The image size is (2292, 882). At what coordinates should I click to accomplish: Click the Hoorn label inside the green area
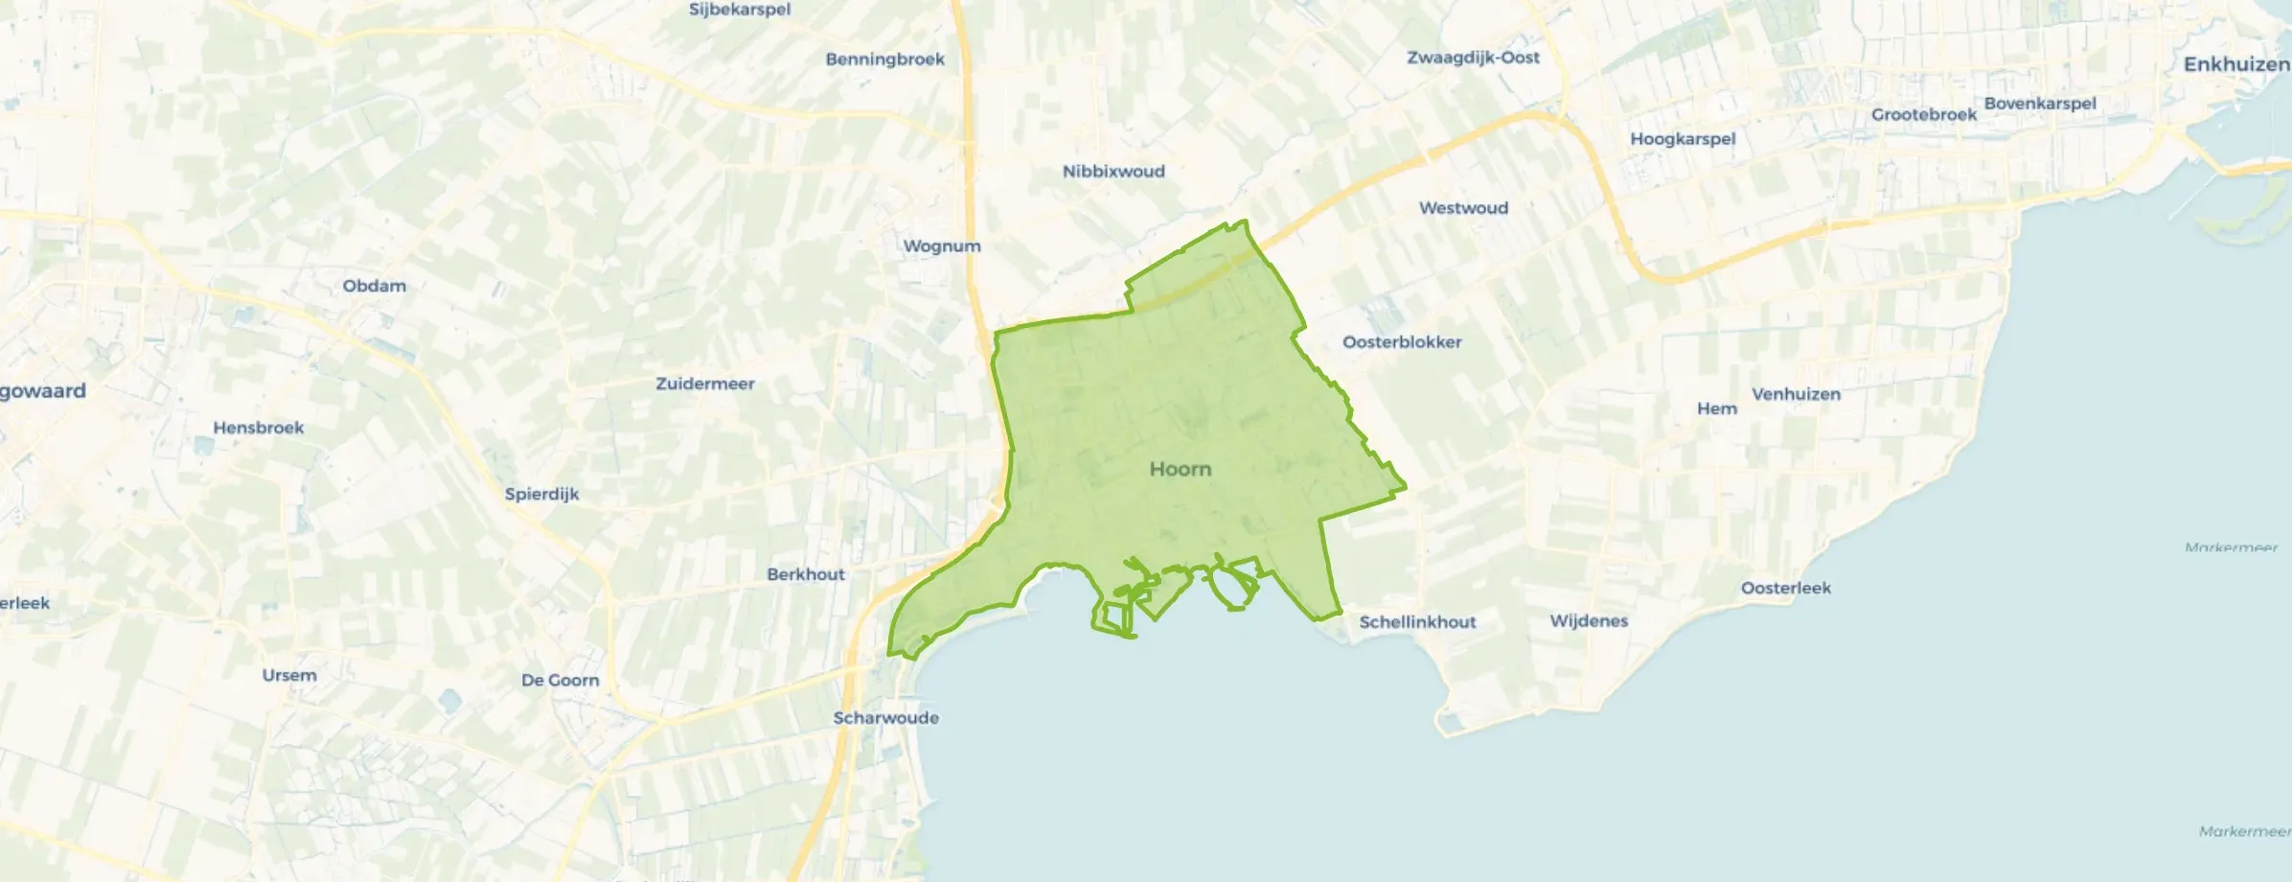(1180, 469)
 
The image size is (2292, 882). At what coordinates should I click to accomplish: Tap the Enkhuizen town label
(2235, 64)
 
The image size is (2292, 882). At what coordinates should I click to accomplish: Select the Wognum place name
(942, 246)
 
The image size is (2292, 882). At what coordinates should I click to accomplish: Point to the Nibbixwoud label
(1113, 172)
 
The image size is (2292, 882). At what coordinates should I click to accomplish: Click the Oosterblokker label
(1402, 342)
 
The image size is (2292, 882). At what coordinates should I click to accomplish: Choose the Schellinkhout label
(1417, 622)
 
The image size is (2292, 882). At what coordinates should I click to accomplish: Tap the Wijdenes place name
(1589, 621)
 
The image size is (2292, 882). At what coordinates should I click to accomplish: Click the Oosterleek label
(1785, 588)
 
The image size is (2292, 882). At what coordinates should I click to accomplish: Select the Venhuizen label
(1796, 394)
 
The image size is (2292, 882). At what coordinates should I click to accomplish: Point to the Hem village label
(1716, 408)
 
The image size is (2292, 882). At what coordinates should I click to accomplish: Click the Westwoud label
(1463, 208)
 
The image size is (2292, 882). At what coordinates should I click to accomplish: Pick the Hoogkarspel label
(1683, 139)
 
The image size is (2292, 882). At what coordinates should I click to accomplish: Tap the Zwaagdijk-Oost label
(1473, 58)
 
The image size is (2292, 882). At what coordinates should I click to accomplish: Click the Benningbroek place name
(884, 59)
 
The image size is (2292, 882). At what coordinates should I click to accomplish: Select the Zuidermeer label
(704, 383)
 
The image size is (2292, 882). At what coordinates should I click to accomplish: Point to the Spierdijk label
(541, 494)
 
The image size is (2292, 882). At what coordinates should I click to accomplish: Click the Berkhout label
(806, 574)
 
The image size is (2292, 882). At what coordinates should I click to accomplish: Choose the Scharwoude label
(885, 718)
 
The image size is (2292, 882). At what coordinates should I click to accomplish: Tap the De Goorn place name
(560, 680)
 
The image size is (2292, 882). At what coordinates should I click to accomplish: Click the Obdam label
(374, 286)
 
